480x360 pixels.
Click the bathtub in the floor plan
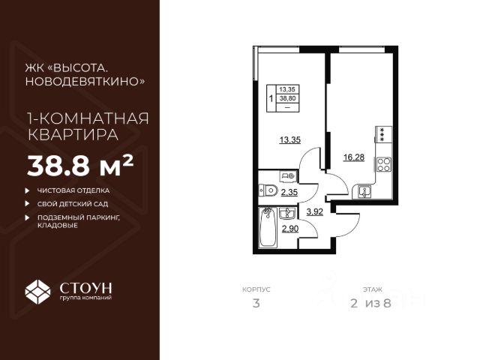tap(268, 226)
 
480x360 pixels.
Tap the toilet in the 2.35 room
tap(268, 190)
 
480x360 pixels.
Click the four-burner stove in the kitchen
tap(384, 164)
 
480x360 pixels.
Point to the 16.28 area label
tap(354, 157)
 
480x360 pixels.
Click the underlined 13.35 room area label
tap(290, 140)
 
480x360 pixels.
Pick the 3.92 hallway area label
tap(315, 211)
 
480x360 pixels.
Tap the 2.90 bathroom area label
tap(290, 228)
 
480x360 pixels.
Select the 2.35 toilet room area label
tap(289, 193)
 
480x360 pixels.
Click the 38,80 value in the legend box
tap(287, 98)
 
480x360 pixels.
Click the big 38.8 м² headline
tap(80, 166)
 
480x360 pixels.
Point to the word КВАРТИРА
tap(73, 135)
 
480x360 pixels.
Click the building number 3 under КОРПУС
tap(256, 303)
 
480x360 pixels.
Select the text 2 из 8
tap(370, 303)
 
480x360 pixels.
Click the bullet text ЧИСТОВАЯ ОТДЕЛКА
tap(73, 190)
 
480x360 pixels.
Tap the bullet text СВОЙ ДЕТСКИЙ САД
tap(73, 204)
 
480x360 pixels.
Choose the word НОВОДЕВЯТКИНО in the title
tap(85, 82)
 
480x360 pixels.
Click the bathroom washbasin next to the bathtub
tap(286, 213)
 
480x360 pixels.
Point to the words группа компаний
tap(85, 298)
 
